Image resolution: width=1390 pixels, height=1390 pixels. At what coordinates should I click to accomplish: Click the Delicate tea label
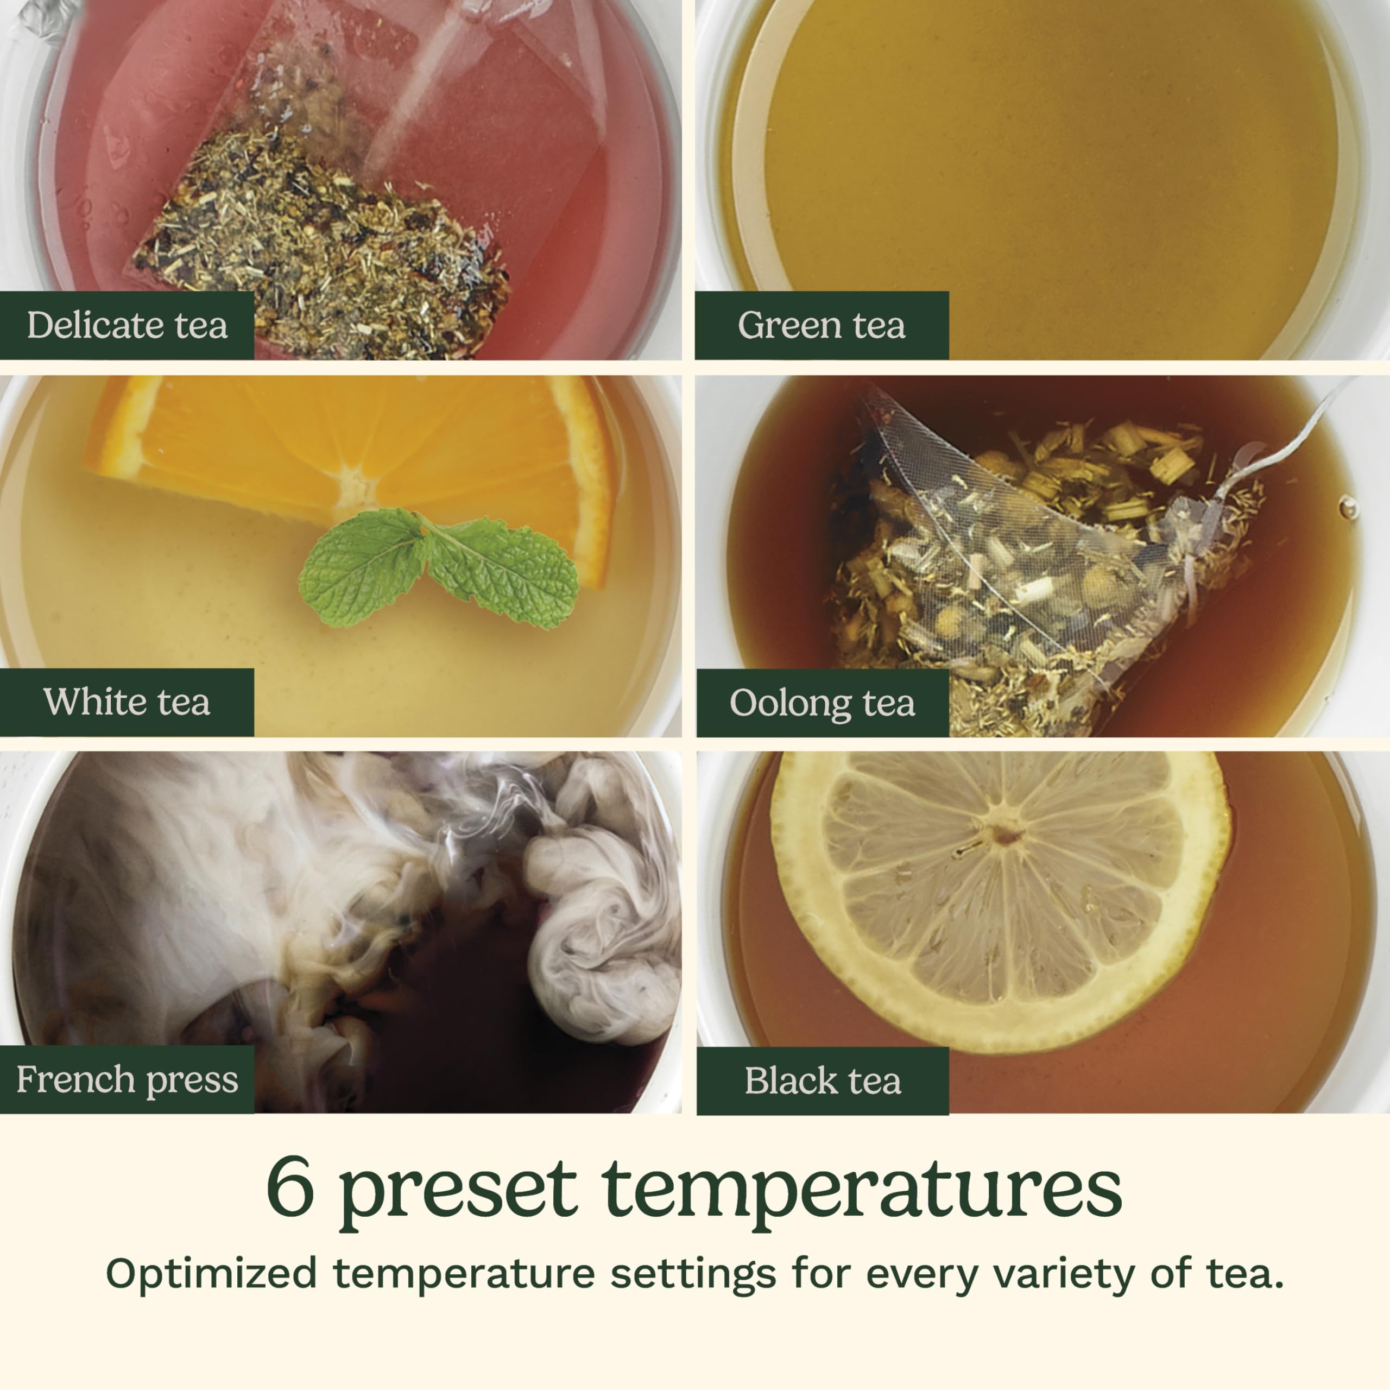(x=127, y=325)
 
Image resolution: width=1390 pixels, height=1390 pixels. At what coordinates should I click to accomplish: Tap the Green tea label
(x=821, y=325)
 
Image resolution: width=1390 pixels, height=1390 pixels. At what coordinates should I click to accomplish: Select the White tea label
(x=127, y=702)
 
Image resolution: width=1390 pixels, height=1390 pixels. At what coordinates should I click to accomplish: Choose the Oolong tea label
(x=823, y=703)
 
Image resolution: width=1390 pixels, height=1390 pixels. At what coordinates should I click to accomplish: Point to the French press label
(x=127, y=1080)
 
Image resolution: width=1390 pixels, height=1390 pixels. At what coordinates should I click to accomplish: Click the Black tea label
(x=823, y=1081)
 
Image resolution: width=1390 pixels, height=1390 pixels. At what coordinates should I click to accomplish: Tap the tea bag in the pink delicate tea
(x=324, y=230)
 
